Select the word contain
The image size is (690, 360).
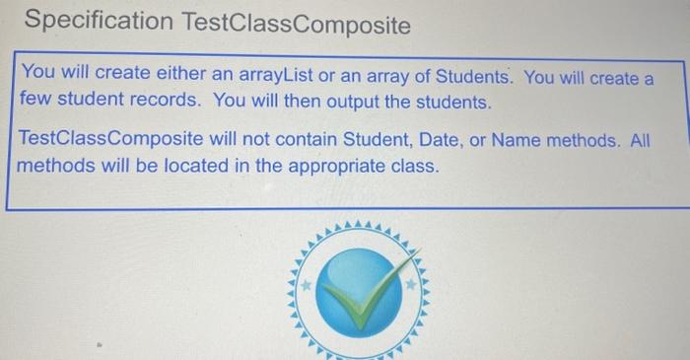pos(287,141)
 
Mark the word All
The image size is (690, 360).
pos(640,141)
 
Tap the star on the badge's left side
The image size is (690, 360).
pos(305,284)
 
